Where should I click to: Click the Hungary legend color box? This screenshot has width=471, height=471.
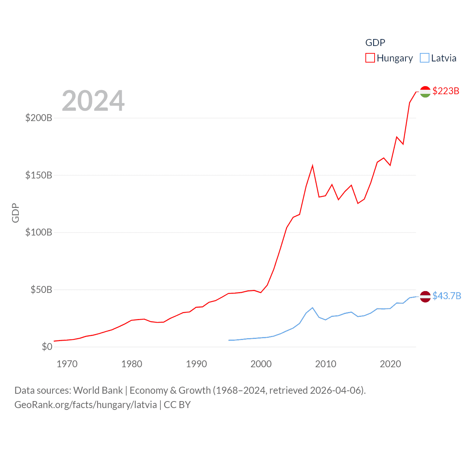[x=370, y=58]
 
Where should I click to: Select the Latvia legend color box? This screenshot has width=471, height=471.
[x=424, y=58]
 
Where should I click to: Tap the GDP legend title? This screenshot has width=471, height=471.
[x=375, y=43]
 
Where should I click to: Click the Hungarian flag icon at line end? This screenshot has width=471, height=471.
[x=425, y=92]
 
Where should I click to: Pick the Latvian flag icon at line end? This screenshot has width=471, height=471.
[x=425, y=296]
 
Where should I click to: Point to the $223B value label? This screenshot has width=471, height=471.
[x=446, y=91]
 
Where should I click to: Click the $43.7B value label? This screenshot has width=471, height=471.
[x=446, y=296]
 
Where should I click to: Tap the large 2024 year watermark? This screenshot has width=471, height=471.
[x=93, y=101]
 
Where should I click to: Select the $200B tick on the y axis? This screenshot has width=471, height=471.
[x=39, y=118]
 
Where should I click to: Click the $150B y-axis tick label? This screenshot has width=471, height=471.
[x=39, y=175]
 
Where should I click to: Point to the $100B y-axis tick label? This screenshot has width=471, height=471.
[x=39, y=233]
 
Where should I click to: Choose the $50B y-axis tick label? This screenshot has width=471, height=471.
[x=41, y=290]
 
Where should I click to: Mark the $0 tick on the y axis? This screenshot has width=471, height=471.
[x=47, y=347]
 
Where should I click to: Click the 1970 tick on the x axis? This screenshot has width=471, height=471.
[x=67, y=364]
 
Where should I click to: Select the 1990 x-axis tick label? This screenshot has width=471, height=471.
[x=196, y=364]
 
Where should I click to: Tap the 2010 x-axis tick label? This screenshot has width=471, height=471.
[x=326, y=364]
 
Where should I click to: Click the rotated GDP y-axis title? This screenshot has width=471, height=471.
[x=15, y=213]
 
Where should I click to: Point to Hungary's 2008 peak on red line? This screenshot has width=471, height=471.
[x=312, y=166]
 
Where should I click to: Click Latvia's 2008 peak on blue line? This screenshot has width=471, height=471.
[x=312, y=308]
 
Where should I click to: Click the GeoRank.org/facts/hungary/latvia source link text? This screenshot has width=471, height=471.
[x=85, y=405]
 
